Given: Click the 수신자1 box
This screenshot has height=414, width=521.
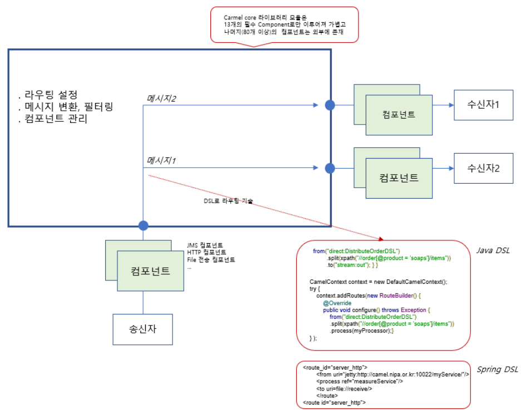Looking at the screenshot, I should pyautogui.click(x=483, y=105).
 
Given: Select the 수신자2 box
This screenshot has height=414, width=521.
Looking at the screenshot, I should pyautogui.click(x=483, y=168).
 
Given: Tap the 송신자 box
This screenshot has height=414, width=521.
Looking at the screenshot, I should pyautogui.click(x=143, y=328).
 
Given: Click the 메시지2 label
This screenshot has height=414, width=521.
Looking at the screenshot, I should pyautogui.click(x=161, y=98).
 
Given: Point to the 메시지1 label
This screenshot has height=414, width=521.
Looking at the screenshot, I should pyautogui.click(x=161, y=161).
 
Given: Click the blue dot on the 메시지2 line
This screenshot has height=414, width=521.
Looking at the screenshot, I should pyautogui.click(x=330, y=105).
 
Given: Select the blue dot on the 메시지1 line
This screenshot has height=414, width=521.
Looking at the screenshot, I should pyautogui.click(x=330, y=167).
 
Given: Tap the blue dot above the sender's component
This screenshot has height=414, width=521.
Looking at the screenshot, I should pyautogui.click(x=144, y=225).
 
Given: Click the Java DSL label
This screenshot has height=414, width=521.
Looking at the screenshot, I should pyautogui.click(x=491, y=251).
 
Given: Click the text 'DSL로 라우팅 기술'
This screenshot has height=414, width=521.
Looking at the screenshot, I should pyautogui.click(x=228, y=200).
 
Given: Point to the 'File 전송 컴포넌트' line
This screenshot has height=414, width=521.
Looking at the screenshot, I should pyautogui.click(x=211, y=260).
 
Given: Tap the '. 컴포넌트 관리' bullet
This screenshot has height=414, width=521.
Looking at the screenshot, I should pyautogui.click(x=53, y=119).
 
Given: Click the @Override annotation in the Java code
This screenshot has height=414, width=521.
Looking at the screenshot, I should pyautogui.click(x=336, y=303).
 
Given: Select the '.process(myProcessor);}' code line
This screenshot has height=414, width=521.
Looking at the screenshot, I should pyautogui.click(x=362, y=331).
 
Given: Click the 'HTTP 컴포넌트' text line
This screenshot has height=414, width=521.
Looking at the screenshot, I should pyautogui.click(x=207, y=253).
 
